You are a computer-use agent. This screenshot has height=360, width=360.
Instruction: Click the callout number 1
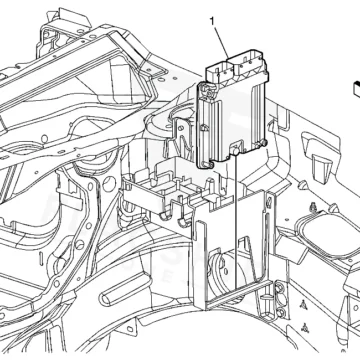pos(212,22)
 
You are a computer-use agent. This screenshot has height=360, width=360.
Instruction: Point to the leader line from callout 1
pos(220,42)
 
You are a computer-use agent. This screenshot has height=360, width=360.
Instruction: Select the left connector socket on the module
pos(219,71)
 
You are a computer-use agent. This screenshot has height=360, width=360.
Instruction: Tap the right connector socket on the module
pos(249,63)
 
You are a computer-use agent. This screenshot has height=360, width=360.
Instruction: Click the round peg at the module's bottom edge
pos(235,152)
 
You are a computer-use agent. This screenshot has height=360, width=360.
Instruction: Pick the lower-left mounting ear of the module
pos(208,165)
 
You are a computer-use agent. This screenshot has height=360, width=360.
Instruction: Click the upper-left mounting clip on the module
pos(206,91)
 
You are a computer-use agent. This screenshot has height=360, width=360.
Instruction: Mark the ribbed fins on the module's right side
pos(256,113)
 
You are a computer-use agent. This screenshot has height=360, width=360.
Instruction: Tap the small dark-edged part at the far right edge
pos(355,89)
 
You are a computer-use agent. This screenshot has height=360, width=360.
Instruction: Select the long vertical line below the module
pos(236,221)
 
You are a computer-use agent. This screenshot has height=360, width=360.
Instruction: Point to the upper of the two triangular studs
pos(304,304)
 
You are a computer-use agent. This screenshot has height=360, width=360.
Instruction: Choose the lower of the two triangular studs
pos(305,327)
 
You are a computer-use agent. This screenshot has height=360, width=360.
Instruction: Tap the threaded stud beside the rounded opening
pos(313,207)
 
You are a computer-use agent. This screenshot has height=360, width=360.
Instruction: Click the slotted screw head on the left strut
pos(79,245)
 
